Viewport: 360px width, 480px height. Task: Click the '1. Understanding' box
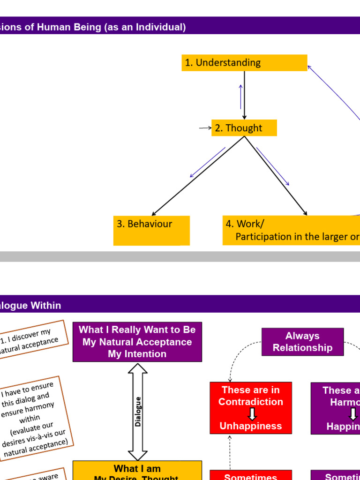(244, 63)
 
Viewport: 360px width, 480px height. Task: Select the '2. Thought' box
(244, 128)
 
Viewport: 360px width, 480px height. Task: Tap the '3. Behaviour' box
(151, 230)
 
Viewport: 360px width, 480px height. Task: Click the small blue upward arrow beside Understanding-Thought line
(240, 96)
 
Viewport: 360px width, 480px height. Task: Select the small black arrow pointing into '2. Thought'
(205, 127)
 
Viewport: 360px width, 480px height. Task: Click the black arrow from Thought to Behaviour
(197, 177)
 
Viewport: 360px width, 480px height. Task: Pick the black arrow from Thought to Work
(276, 176)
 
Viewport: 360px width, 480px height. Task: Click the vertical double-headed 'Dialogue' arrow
(138, 412)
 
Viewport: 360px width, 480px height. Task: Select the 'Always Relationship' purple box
(302, 342)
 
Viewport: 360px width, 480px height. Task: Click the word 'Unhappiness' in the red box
(251, 426)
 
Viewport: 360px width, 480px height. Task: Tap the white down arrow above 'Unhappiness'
(252, 414)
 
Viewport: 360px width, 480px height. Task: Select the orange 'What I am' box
(137, 470)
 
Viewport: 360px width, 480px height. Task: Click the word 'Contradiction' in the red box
(251, 402)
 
